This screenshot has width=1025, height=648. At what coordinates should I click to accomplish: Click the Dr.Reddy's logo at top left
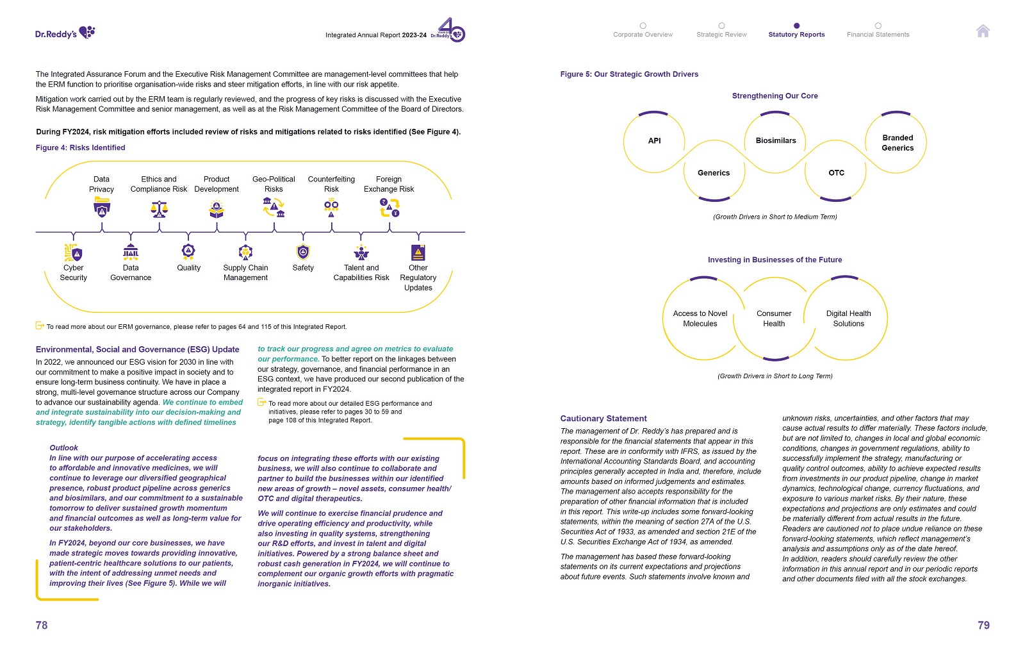[x=65, y=33]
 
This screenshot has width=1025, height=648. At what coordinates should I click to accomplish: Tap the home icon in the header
[x=983, y=31]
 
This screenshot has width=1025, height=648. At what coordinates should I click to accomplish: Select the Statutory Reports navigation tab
[x=796, y=34]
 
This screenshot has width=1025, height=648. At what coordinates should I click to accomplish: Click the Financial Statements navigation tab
[x=878, y=34]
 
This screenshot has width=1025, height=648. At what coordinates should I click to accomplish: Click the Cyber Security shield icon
[x=73, y=253]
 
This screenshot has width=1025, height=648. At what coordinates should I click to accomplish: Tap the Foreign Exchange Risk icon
[x=389, y=208]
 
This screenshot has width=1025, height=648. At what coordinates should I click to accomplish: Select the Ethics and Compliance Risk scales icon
[x=159, y=209]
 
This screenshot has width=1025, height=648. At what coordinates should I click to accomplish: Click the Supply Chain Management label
[x=245, y=272]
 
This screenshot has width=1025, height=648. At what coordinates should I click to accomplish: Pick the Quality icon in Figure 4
[x=188, y=251]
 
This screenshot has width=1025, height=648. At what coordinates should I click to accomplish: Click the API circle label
[x=654, y=141]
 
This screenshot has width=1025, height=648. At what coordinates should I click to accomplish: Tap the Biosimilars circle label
[x=776, y=141]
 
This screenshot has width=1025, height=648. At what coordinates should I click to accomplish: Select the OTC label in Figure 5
[x=836, y=173]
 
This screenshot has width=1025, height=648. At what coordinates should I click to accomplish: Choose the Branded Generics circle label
[x=898, y=143]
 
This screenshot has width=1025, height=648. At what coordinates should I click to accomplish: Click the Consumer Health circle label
[x=774, y=319]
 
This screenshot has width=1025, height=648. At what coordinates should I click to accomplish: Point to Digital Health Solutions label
[x=848, y=319]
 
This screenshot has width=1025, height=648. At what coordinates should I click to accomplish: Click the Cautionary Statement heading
[x=603, y=419]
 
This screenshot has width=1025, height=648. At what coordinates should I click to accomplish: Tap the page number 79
[x=983, y=625]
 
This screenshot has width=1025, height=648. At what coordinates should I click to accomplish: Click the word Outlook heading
[x=64, y=448]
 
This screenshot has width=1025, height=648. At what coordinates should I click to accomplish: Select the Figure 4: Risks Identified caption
[x=81, y=148]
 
